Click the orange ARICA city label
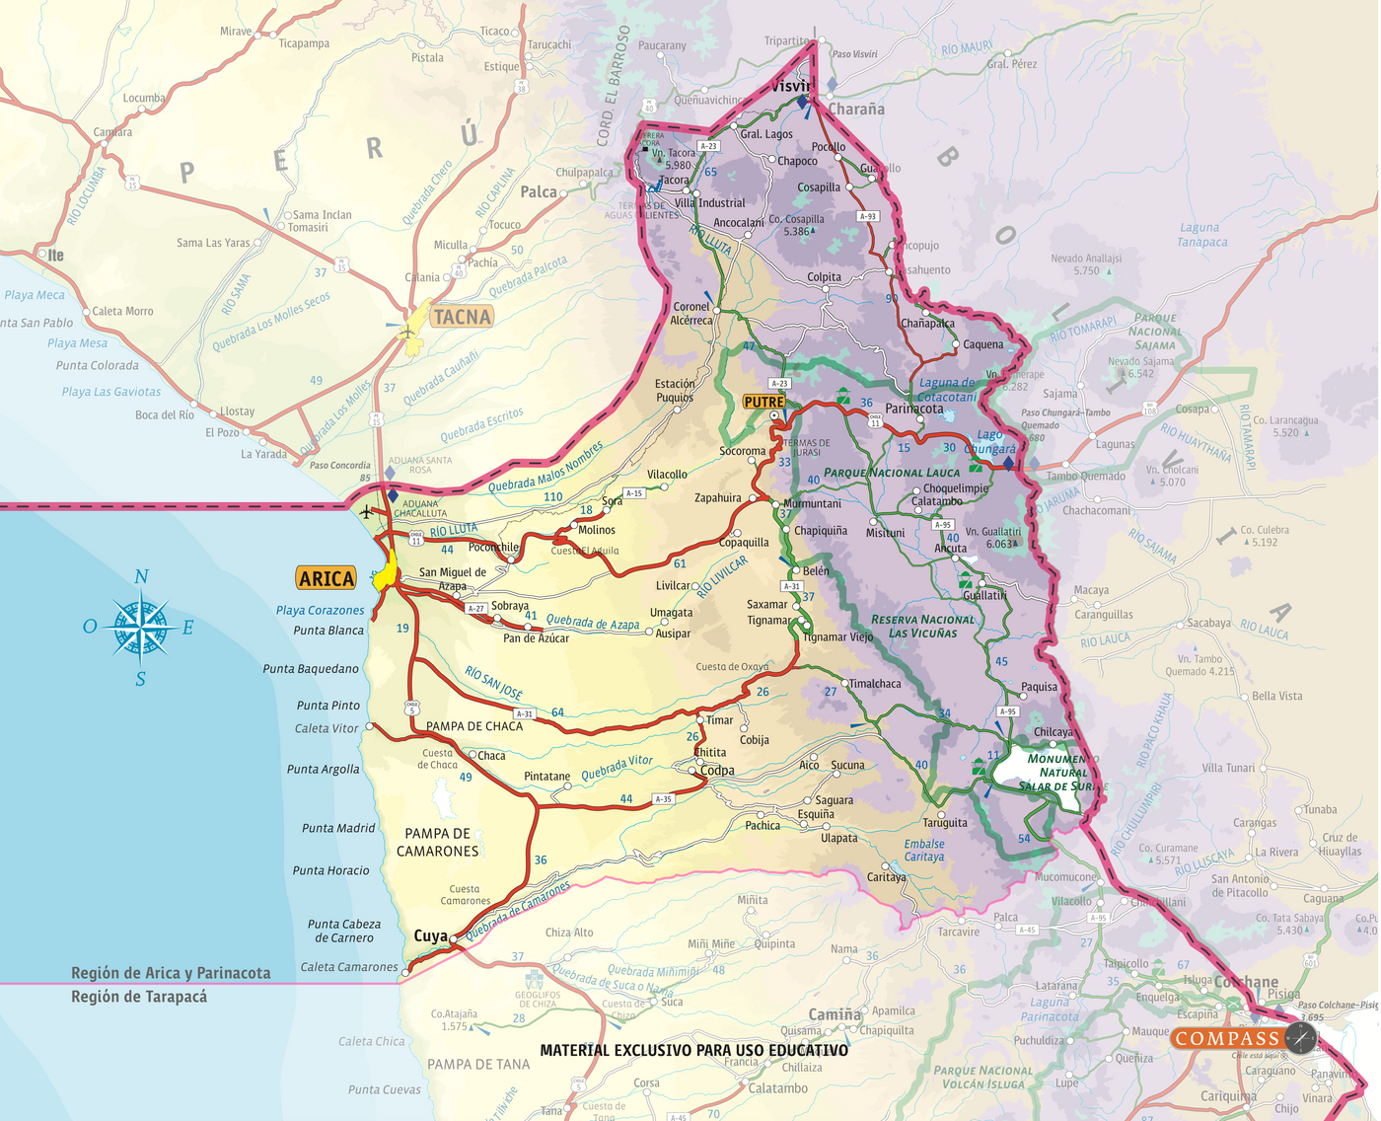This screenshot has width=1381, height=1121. (x=327, y=579)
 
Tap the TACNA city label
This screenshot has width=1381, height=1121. (x=462, y=317)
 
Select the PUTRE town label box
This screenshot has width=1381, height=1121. (x=763, y=402)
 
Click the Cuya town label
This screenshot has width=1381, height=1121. (x=430, y=935)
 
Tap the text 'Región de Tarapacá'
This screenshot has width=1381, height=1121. (x=139, y=997)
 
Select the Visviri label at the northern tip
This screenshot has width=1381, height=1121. (x=792, y=87)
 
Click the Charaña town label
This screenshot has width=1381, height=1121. (x=856, y=110)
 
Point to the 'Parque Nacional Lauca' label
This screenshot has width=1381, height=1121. (x=892, y=473)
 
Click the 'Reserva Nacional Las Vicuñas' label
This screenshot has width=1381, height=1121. (x=922, y=627)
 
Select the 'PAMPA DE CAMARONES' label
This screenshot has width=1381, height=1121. (x=437, y=842)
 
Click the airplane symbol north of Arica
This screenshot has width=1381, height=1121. (x=367, y=512)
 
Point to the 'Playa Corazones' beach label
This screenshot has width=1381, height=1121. (x=320, y=610)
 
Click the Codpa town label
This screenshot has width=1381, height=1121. (x=717, y=771)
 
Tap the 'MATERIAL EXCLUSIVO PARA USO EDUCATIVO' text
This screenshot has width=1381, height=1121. (x=693, y=1050)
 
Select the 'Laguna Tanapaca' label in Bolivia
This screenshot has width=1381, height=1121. (x=1201, y=235)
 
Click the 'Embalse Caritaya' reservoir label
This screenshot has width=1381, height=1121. (x=924, y=850)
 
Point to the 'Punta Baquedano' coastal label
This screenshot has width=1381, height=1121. (x=311, y=669)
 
